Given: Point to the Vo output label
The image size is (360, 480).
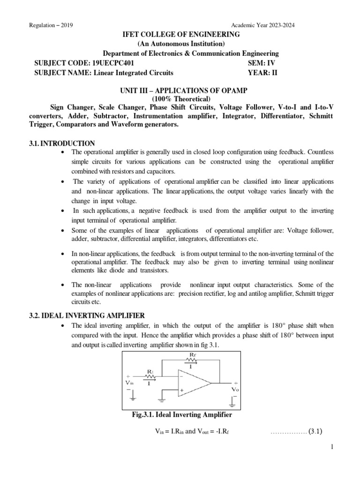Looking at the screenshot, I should pyautogui.click(x=235, y=389).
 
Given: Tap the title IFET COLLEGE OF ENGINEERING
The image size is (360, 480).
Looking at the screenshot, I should pyautogui.click(x=180, y=35).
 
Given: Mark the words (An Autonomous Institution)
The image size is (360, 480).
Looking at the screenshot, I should pyautogui.click(x=180, y=44).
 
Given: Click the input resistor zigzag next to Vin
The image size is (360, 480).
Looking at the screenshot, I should pyautogui.click(x=150, y=376).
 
